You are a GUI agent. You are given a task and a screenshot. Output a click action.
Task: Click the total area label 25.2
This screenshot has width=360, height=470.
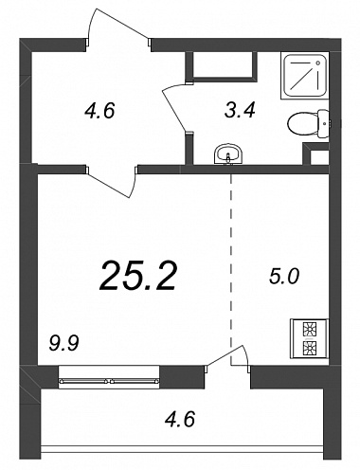(137, 277)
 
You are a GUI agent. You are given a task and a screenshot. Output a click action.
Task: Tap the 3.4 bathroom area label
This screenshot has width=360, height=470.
(240, 110)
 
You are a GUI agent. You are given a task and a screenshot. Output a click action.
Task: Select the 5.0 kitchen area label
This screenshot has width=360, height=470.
(283, 277)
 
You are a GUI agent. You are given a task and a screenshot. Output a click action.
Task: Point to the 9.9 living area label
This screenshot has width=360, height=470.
(63, 343)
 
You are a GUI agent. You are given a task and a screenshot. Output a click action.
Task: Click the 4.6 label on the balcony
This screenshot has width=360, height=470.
(180, 419)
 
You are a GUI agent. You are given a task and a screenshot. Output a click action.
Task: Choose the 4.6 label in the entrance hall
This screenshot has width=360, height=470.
(99, 111)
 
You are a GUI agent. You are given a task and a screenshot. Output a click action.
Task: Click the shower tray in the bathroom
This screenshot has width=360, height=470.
(304, 76)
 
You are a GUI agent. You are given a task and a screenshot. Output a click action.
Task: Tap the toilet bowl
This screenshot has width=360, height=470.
(302, 124)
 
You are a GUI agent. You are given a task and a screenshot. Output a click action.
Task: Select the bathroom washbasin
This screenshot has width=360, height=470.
(228, 154)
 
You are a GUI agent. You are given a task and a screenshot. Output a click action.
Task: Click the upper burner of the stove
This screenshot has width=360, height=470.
(310, 330)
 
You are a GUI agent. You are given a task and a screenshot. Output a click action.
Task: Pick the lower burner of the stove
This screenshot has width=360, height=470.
(310, 348)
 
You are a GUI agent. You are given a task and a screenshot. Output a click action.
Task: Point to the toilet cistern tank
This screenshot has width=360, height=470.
(323, 123)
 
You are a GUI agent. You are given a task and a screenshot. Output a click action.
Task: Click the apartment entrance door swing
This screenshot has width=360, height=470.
(118, 26)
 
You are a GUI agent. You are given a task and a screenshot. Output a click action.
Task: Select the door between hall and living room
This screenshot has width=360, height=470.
(112, 182)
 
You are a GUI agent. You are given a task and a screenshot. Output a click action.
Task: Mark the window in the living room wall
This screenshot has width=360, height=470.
(109, 376)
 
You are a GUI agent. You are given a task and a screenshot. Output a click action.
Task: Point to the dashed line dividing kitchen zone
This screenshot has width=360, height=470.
(231, 269)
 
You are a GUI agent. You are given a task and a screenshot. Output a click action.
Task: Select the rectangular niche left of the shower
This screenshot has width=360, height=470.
(221, 65)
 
